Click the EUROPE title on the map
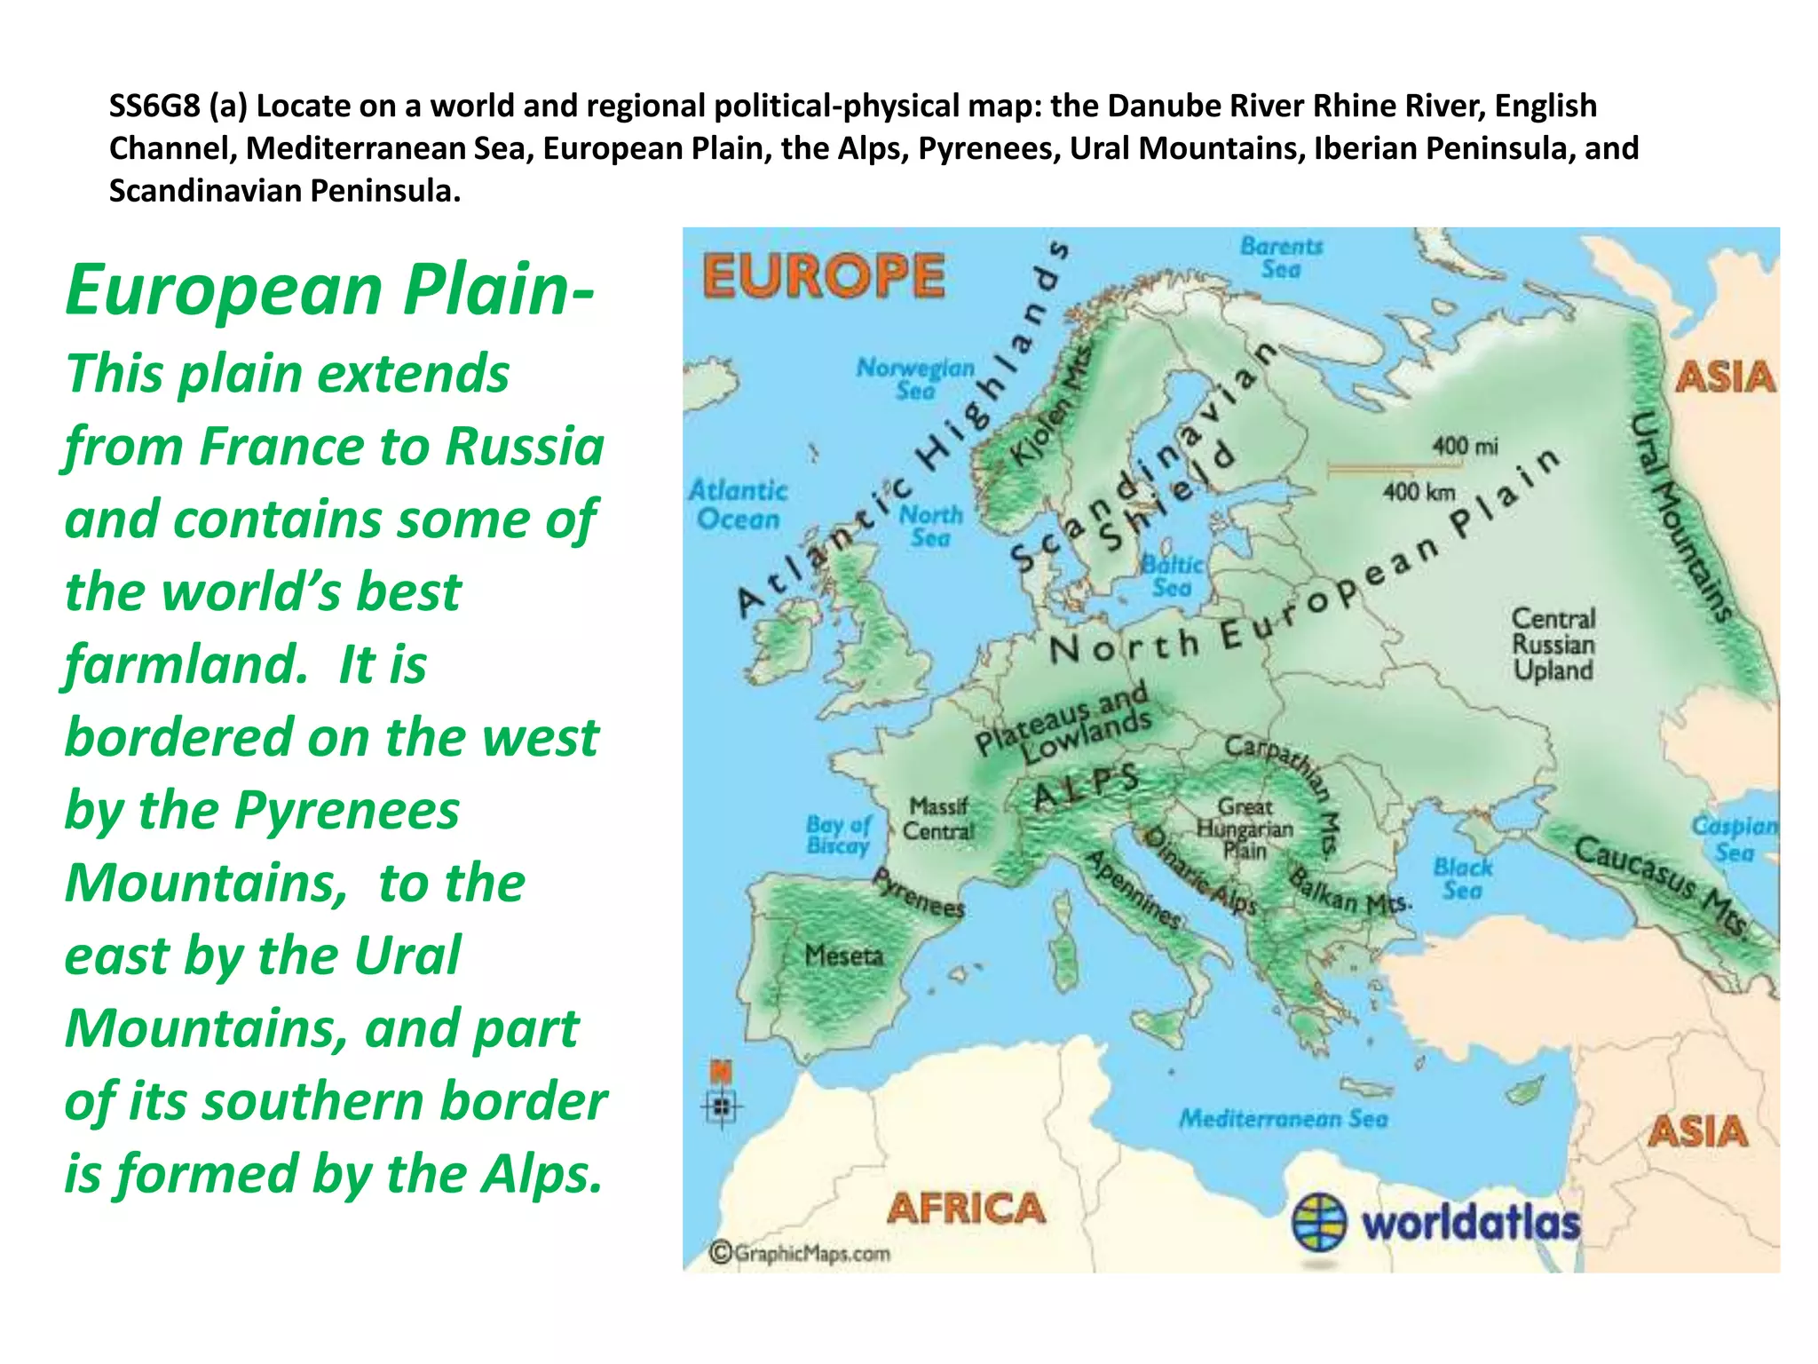824,275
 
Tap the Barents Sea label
1281,258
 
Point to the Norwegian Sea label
915,378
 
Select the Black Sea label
1462,878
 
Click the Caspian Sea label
1735,839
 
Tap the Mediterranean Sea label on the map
1283,1118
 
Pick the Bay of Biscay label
838,835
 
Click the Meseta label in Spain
844,956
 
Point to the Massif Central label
938,818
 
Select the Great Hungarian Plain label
1245,829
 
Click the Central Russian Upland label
1553,644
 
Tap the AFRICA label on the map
966,1208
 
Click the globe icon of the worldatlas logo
1319,1222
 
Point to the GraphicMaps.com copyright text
800,1253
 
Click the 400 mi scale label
1464,446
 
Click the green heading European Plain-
329,289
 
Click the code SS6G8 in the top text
154,106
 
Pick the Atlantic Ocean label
738,504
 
